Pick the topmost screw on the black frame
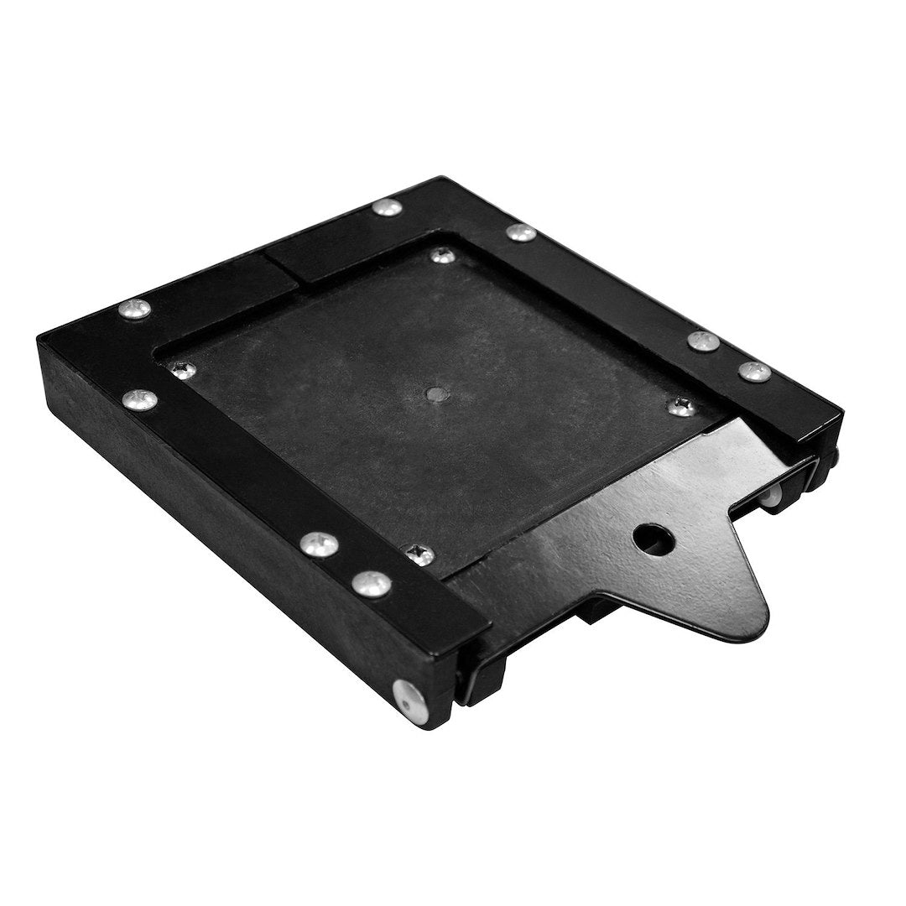388,207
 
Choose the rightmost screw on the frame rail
754,371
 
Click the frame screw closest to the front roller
371,581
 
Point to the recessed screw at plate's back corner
441,253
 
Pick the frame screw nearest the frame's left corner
135,309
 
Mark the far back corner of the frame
440,178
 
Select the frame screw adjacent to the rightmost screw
703,341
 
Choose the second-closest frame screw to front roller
320,545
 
